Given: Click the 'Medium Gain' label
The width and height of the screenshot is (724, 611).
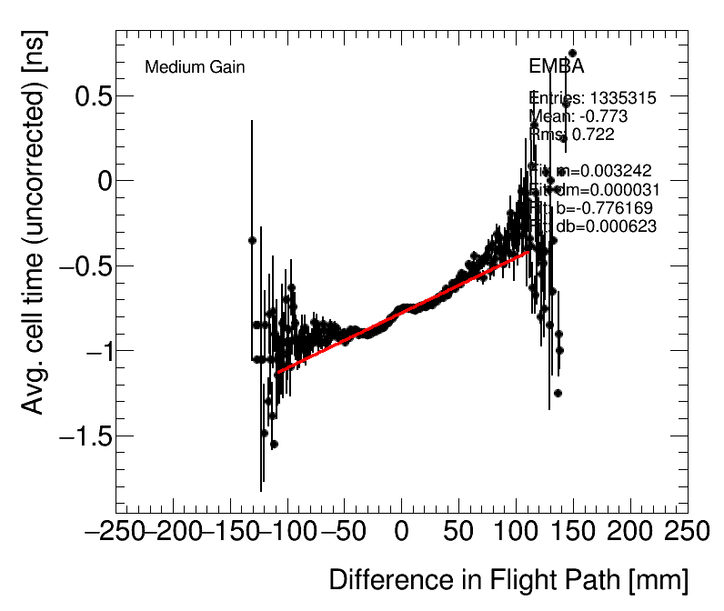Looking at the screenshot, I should click(195, 67).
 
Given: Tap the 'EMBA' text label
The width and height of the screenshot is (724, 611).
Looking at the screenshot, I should click(556, 66).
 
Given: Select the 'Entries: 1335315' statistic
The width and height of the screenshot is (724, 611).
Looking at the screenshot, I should click(592, 98).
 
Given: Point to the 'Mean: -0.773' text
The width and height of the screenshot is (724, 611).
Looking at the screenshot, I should click(578, 116).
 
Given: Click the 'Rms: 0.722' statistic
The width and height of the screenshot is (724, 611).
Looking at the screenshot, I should click(571, 135).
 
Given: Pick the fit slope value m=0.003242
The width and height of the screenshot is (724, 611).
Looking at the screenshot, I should click(593, 171).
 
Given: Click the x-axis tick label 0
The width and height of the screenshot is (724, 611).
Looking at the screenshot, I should click(401, 532).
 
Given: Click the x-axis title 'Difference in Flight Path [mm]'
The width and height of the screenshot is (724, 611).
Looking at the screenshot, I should click(508, 580).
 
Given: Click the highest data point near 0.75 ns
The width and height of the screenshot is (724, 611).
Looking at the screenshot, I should click(572, 54).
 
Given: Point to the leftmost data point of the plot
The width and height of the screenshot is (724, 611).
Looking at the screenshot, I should click(252, 240).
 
